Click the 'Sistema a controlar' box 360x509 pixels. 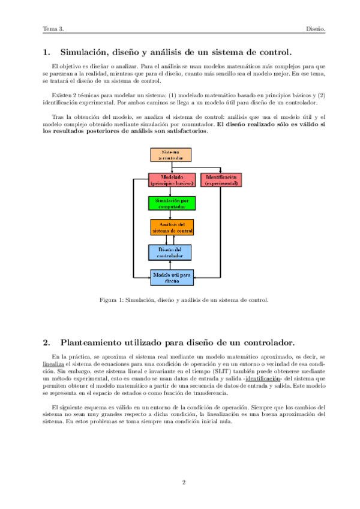tap(170, 155)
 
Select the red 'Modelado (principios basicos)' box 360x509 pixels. tap(171, 180)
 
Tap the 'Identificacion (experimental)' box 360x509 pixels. tap(221, 180)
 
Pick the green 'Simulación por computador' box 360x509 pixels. tap(171, 203)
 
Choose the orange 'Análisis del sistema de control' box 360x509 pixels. tap(172, 227)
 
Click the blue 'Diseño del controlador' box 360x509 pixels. tap(171, 252)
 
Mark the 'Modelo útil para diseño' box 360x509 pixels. tap(172, 277)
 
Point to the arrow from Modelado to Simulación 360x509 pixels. tap(171, 191)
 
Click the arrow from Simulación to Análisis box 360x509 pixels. tap(171, 215)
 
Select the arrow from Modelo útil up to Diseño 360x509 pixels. tap(171, 265)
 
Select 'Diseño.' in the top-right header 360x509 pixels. tap(315, 28)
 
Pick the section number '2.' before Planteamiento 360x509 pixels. tap(47, 343)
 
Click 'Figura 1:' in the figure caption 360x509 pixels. tap(111, 300)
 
